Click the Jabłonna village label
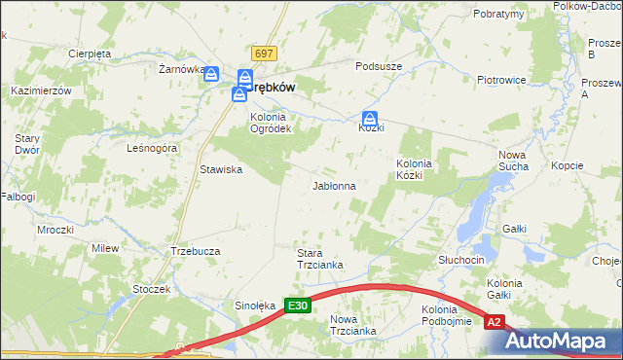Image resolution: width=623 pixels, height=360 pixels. point(333,185)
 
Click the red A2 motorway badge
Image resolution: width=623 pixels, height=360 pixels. point(495,322)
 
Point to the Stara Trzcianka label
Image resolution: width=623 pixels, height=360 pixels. point(318,261)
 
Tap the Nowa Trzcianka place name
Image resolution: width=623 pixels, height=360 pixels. point(352,325)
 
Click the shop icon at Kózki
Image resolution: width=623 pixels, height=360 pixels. point(370,117)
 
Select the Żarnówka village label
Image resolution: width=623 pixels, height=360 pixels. point(180,69)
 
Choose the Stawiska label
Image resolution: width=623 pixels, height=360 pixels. point(221,169)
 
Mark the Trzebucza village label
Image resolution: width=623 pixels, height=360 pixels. point(195,250)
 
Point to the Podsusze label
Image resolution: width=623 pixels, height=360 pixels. point(379,66)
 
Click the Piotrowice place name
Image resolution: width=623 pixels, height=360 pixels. point(501,80)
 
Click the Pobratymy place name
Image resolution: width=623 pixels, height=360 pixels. point(499,15)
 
